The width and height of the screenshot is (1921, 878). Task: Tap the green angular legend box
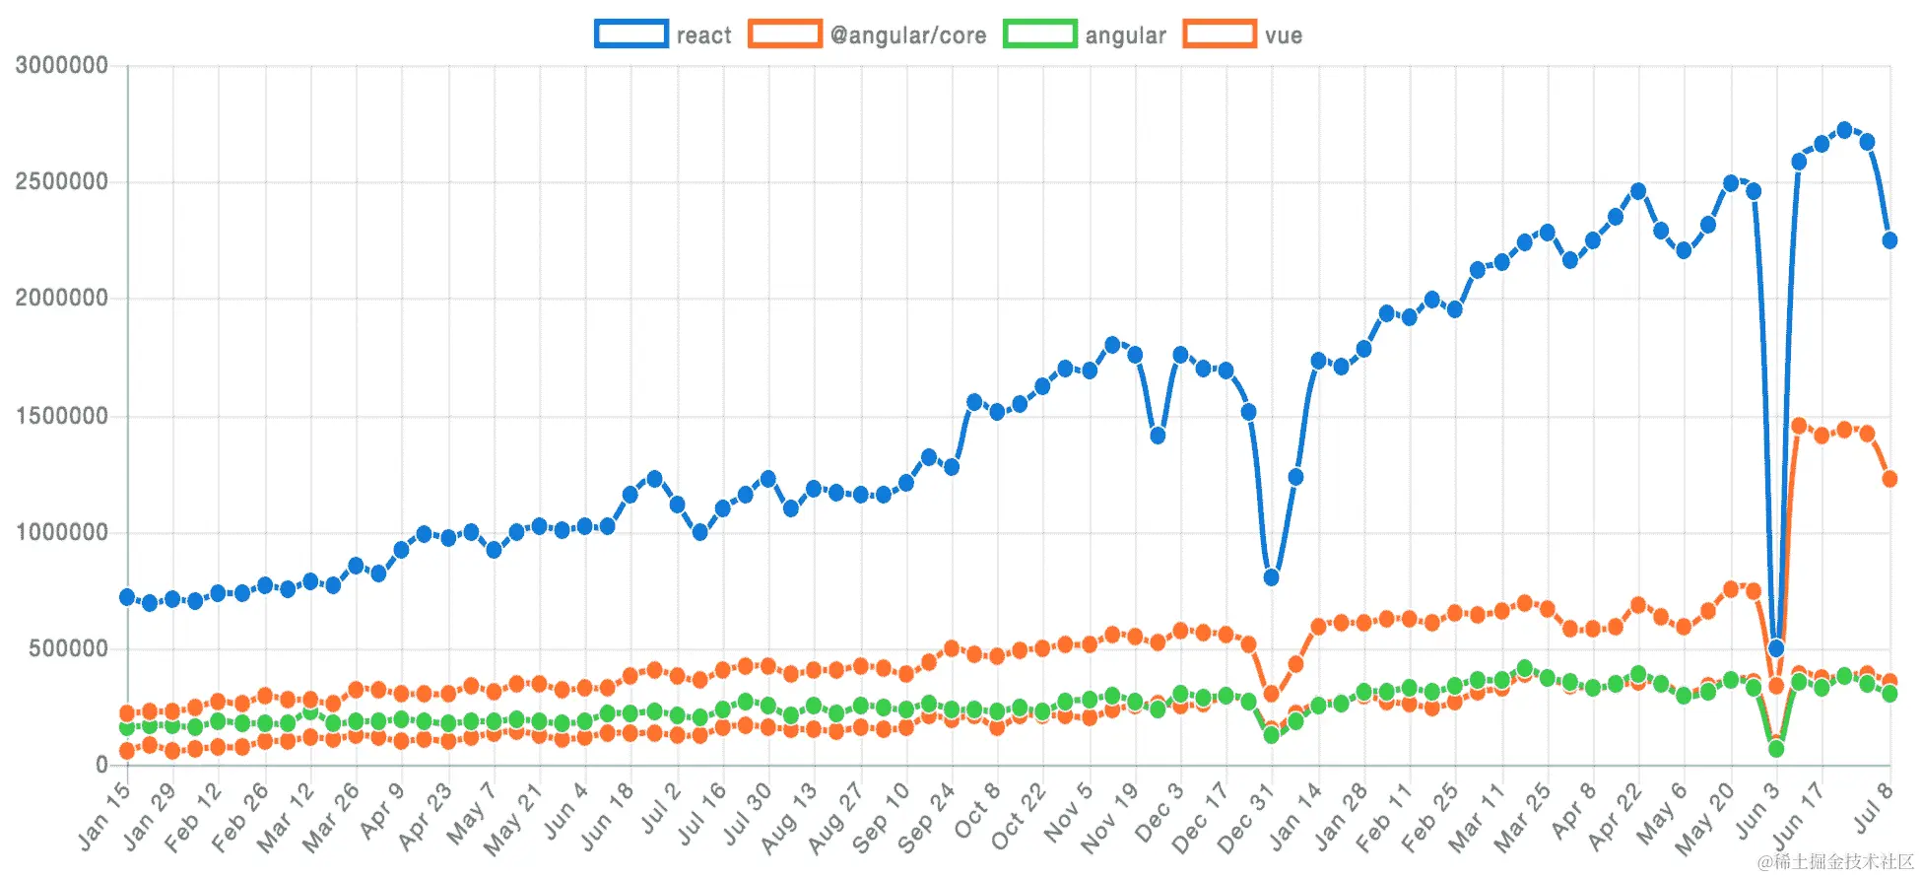tap(1039, 34)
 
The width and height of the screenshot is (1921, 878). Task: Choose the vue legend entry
tap(1243, 34)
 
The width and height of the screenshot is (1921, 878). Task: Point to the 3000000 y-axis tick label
tap(61, 66)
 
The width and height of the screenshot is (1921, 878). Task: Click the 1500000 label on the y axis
tap(61, 416)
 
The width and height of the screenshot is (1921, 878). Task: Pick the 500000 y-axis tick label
tap(68, 648)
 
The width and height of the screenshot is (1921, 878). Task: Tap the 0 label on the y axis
tap(101, 765)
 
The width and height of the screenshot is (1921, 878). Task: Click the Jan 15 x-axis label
tap(103, 817)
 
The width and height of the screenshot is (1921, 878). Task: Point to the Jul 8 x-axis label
tap(1873, 808)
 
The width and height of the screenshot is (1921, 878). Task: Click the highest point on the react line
tap(1844, 130)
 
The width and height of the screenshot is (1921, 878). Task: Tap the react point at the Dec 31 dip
tap(1271, 577)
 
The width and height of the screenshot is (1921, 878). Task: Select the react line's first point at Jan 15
tap(127, 597)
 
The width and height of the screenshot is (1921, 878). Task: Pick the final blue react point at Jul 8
tap(1889, 240)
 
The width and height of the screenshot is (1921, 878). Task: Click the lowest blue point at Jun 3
tap(1776, 648)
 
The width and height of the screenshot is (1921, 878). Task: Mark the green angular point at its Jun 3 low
tap(1776, 749)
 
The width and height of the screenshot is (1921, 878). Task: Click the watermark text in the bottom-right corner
tap(1834, 861)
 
